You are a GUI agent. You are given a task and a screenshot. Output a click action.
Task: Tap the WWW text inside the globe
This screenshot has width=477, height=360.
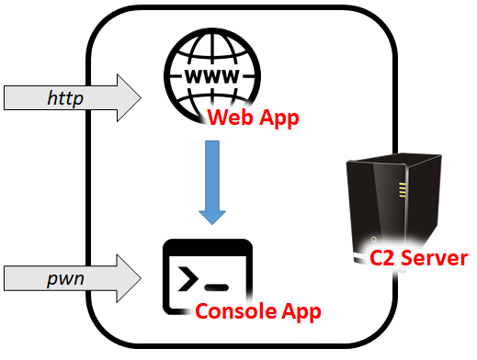click(x=210, y=78)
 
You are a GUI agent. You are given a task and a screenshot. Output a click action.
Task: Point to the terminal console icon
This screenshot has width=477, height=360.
click(x=207, y=275)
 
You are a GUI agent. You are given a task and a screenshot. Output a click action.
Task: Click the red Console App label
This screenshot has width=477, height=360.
click(x=258, y=311)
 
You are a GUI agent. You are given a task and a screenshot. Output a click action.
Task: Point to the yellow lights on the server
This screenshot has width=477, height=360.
click(x=401, y=190)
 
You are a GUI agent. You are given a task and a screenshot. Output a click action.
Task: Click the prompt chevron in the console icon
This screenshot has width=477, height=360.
click(x=189, y=276)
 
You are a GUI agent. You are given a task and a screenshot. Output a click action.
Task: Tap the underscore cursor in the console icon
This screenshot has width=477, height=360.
click(x=218, y=287)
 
